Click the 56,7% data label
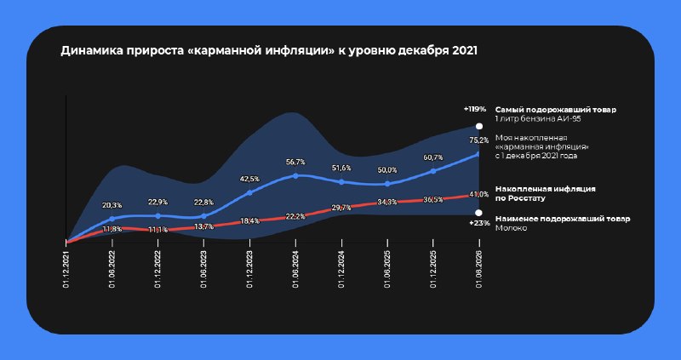click(295, 162)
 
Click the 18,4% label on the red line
click(249, 221)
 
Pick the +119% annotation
click(474, 110)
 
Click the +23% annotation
click(479, 223)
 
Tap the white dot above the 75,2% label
click(479, 126)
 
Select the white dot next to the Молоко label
click(478, 213)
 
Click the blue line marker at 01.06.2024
click(295, 176)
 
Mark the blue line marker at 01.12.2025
click(433, 171)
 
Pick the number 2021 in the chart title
click(465, 51)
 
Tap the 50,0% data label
click(387, 170)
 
